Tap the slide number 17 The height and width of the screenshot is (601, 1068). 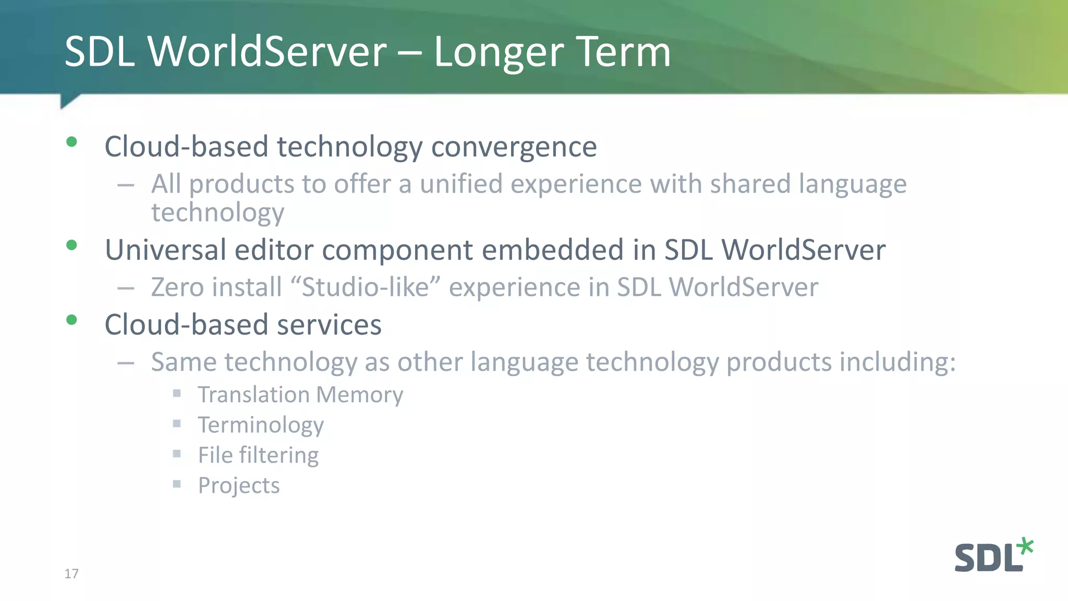tap(71, 574)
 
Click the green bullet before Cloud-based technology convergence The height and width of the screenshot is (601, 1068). tap(72, 142)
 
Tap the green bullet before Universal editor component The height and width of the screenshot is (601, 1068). tap(72, 245)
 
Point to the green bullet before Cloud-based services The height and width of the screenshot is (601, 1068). tap(72, 320)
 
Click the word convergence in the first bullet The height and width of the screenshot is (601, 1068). tap(514, 147)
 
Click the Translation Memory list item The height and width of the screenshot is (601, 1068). tap(300, 395)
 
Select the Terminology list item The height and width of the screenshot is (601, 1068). tap(261, 425)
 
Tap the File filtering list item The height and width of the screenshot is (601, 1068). tap(258, 455)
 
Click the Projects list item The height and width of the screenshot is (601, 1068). tap(239, 486)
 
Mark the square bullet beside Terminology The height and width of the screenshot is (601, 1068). tap(177, 424)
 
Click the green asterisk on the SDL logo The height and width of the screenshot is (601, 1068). tap(1025, 546)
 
